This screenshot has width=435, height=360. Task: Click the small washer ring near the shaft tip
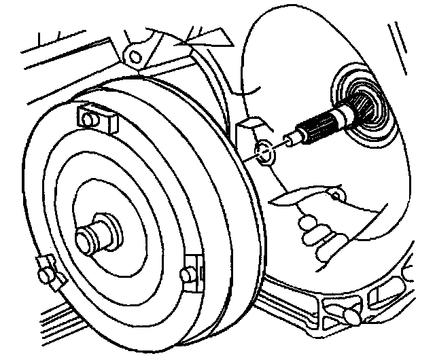(264, 154)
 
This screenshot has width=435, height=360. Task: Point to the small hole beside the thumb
(334, 198)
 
